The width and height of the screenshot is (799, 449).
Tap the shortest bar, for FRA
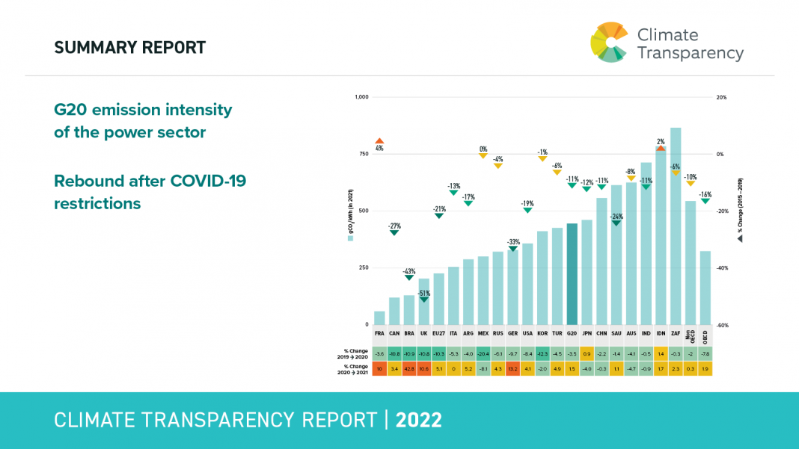pyautogui.click(x=379, y=318)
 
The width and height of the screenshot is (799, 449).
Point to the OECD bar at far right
pyautogui.click(x=705, y=288)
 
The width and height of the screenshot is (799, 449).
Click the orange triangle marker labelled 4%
pyautogui.click(x=379, y=140)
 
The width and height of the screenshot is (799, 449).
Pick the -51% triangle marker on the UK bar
pyautogui.click(x=423, y=300)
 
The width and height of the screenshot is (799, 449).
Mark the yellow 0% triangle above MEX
pyautogui.click(x=483, y=155)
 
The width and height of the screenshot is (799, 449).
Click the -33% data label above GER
pyautogui.click(x=512, y=242)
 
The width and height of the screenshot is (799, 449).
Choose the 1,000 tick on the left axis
pyautogui.click(x=361, y=97)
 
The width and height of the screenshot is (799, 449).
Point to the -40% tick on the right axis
pyautogui.click(x=722, y=268)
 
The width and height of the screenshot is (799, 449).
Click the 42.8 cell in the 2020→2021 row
pyautogui.click(x=409, y=368)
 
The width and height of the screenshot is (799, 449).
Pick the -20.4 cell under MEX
pyautogui.click(x=483, y=353)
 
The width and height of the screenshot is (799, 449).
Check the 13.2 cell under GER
pyautogui.click(x=512, y=368)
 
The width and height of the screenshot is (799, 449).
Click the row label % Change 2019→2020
pyautogui.click(x=357, y=353)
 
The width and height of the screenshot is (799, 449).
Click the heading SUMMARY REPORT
pyautogui.click(x=129, y=48)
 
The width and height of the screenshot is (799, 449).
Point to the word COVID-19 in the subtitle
pyautogui.click(x=208, y=182)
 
